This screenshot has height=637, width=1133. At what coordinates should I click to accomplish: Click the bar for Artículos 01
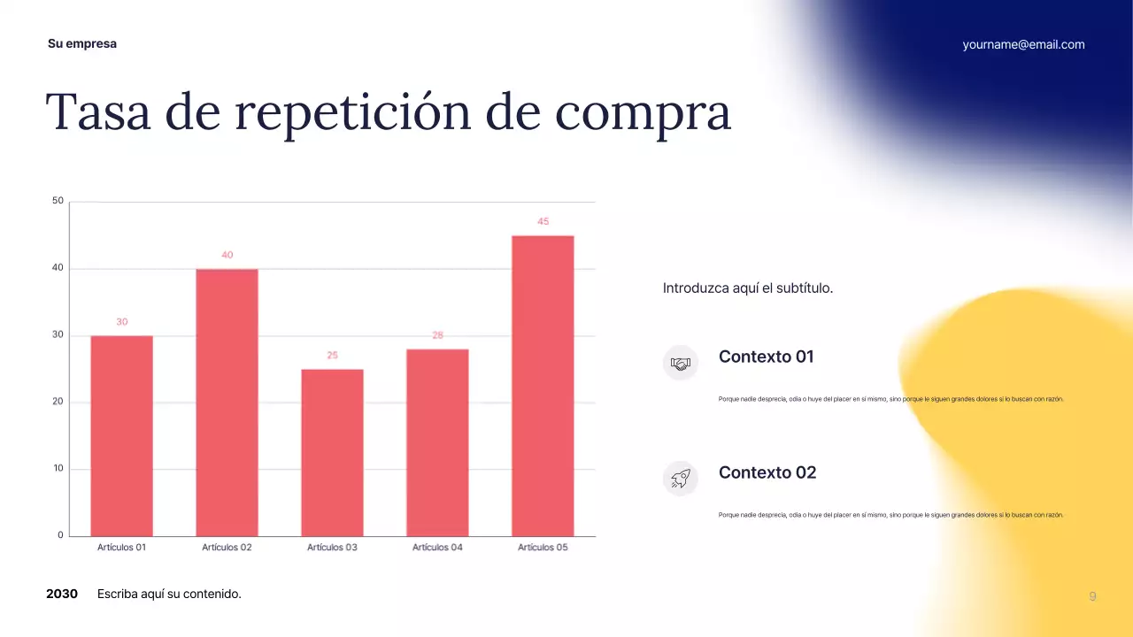tap(121, 435)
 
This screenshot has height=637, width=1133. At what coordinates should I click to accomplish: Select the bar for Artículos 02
tap(227, 403)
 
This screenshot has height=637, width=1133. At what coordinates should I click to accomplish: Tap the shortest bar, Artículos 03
tap(332, 452)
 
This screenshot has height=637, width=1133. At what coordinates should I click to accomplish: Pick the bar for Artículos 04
tap(437, 442)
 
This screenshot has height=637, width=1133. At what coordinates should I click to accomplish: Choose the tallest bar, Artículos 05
tap(543, 386)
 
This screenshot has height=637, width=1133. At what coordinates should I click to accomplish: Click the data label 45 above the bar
tap(543, 221)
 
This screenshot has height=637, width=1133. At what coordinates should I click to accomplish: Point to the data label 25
tap(332, 355)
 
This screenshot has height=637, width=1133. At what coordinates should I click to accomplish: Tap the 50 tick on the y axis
tap(58, 201)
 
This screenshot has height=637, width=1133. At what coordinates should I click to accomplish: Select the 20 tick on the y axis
tap(58, 402)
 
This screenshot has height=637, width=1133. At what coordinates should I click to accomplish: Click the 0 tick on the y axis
tap(61, 535)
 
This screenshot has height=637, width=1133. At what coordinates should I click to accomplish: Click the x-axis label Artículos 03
tap(332, 548)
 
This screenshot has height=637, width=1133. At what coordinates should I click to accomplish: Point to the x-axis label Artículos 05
tap(543, 548)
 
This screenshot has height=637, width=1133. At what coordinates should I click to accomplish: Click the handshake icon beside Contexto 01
tap(680, 363)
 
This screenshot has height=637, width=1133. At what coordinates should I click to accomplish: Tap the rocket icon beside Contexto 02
tap(680, 479)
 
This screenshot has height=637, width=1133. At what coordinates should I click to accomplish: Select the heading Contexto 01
tap(766, 357)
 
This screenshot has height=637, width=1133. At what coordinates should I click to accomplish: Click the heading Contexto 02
tap(767, 472)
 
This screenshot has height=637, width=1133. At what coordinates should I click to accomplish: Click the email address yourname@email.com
tap(1023, 44)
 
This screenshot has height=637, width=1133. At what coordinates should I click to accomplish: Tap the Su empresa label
tap(82, 43)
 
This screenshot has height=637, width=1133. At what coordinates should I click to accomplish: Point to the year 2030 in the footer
tap(62, 594)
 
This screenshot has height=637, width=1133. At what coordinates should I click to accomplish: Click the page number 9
tap(1092, 596)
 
